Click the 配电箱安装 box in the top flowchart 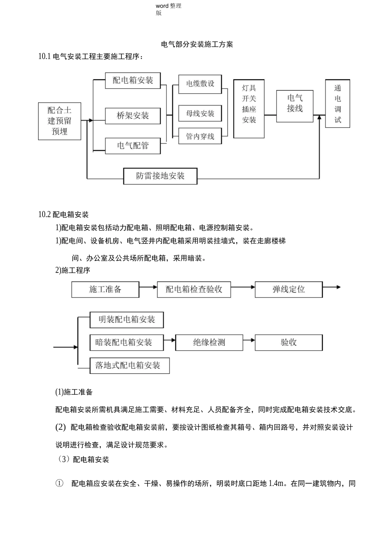[x=133, y=80]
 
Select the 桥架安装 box [x=133, y=116]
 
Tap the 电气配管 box [x=133, y=146]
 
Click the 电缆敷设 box [x=200, y=84]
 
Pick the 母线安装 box [x=200, y=114]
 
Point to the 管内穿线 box [x=200, y=137]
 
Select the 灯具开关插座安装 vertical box [x=249, y=108]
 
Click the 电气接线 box [x=295, y=106]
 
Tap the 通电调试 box [x=338, y=104]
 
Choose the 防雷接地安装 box [x=160, y=176]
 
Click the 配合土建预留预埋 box [x=60, y=121]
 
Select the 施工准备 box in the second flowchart [x=105, y=289]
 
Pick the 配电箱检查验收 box [x=194, y=289]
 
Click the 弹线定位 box [x=289, y=289]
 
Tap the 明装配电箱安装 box [x=127, y=319]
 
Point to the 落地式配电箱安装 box [x=130, y=365]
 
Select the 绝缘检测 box [x=209, y=343]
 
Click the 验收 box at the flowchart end [x=289, y=343]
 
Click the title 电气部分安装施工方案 [x=197, y=44]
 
